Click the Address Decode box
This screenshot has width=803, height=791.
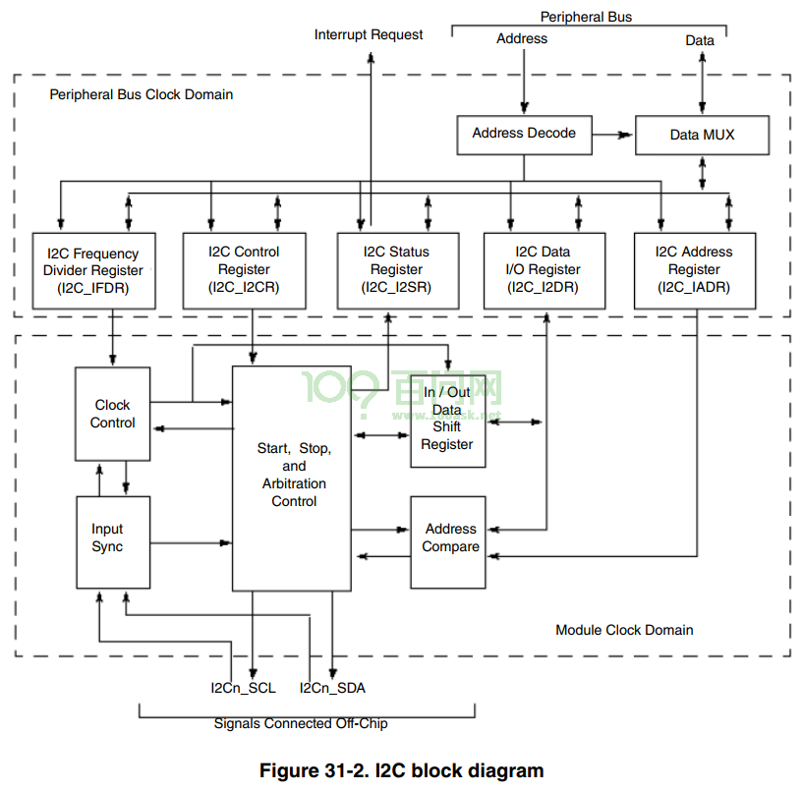tap(525, 136)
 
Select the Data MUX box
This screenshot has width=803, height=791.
tap(702, 136)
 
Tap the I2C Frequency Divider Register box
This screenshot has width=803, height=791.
tap(93, 271)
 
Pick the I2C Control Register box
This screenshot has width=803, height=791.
tap(245, 271)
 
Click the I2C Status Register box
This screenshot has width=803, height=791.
tap(398, 271)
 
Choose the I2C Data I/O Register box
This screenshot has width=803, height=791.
tap(545, 271)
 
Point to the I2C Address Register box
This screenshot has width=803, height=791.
tap(695, 271)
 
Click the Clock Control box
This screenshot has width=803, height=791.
tap(113, 414)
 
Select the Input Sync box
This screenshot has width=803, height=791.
tap(113, 542)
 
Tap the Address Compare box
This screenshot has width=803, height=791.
tap(448, 542)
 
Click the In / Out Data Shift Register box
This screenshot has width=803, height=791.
tap(448, 421)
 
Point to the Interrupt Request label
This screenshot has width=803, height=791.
tap(369, 34)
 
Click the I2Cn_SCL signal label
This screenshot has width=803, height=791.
tap(243, 688)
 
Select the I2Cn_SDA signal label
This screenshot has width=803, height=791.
tap(332, 688)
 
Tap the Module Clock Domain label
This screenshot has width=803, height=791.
tap(624, 630)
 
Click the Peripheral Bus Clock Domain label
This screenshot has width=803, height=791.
tap(142, 94)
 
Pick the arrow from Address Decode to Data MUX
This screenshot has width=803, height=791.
tap(612, 136)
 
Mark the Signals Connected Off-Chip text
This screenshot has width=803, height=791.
tap(301, 723)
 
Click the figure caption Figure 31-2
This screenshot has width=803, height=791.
tap(401, 770)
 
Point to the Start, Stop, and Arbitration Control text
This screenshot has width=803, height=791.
tap(294, 475)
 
